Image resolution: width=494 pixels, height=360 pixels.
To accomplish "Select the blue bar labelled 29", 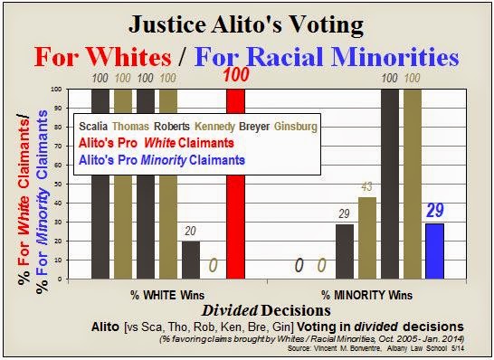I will click(x=434, y=250).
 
